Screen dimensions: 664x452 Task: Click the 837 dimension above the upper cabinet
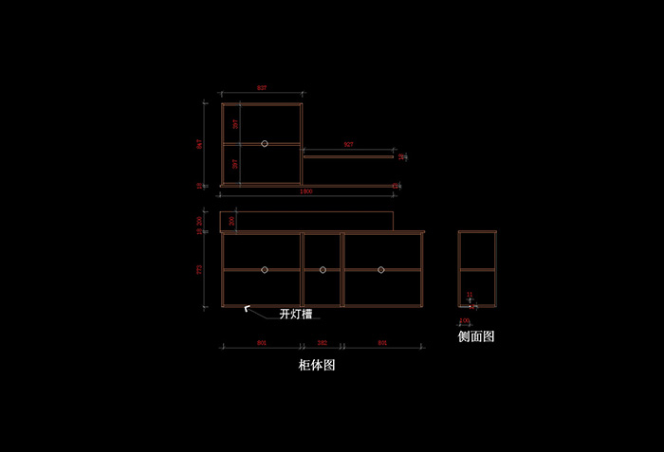pyautogui.click(x=262, y=88)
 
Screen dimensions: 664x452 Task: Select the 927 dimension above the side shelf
pyautogui.click(x=348, y=144)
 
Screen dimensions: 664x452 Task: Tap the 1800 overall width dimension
pyautogui.click(x=306, y=191)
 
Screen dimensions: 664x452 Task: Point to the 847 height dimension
pyautogui.click(x=200, y=144)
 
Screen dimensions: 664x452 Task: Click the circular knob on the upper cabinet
pyautogui.click(x=265, y=143)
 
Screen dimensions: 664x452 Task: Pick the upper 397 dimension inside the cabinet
pyautogui.click(x=236, y=123)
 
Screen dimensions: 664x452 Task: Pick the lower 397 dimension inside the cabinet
pyautogui.click(x=236, y=164)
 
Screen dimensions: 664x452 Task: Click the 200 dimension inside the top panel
pyautogui.click(x=232, y=222)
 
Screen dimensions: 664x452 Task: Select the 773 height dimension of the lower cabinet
pyautogui.click(x=200, y=270)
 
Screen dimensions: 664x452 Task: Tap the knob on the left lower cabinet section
pyautogui.click(x=265, y=270)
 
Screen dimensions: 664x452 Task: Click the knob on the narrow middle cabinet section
pyautogui.click(x=323, y=270)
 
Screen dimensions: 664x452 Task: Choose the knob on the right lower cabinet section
pyautogui.click(x=381, y=270)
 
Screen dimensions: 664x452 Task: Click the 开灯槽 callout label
pyautogui.click(x=297, y=314)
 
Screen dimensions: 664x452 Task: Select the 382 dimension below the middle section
pyautogui.click(x=322, y=342)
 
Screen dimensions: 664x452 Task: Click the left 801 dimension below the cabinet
pyautogui.click(x=262, y=342)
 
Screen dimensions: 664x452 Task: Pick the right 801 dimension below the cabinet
pyautogui.click(x=382, y=342)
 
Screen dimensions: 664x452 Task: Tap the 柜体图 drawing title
pyautogui.click(x=317, y=364)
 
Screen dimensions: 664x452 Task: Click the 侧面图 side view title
pyautogui.click(x=476, y=335)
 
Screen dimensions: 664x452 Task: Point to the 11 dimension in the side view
pyautogui.click(x=470, y=295)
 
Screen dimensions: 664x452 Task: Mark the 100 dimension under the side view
pyautogui.click(x=465, y=321)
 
